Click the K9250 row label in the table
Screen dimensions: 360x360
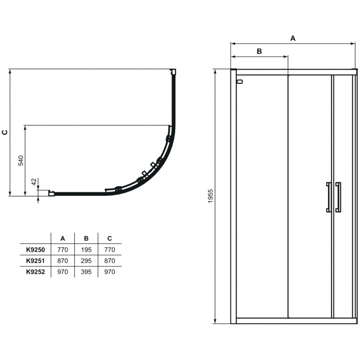[x=35, y=249]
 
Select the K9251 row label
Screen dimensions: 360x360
[x=35, y=261]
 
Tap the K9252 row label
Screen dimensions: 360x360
[x=35, y=272]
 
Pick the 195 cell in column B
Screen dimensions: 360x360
[x=86, y=249]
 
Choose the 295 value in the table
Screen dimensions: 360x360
[x=86, y=261]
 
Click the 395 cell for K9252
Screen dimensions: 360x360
[x=86, y=272]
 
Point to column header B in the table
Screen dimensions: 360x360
[x=86, y=239]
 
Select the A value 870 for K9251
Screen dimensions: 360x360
[x=63, y=261]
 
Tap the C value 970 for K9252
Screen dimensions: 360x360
[x=109, y=272]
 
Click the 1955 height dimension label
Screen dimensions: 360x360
[x=211, y=196]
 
